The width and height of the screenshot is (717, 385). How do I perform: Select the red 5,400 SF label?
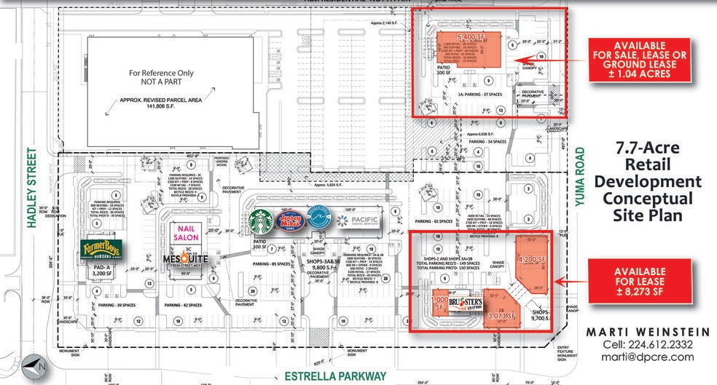pyautogui.click(x=471, y=35)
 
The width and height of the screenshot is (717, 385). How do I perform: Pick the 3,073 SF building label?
pyautogui.click(x=502, y=316)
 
